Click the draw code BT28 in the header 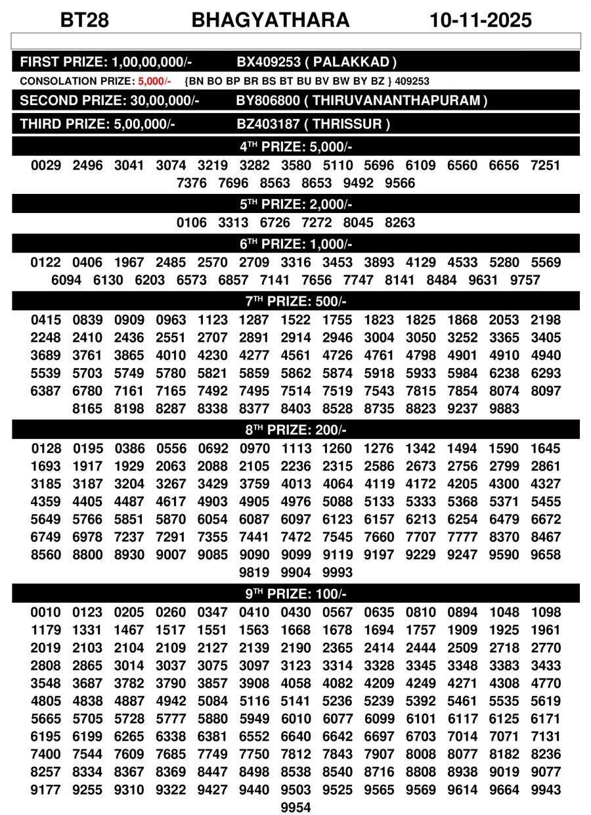85,20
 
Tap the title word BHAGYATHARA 271,20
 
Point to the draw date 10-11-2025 481,20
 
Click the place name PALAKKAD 355,62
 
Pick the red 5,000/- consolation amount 154,81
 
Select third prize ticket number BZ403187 269,124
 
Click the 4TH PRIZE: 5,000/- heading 295,146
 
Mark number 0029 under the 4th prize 46,166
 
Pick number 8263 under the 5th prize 400,223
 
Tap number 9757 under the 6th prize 525,281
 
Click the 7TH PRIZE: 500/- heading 295,302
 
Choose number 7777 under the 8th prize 462,537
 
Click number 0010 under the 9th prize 46,613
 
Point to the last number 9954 295,807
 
